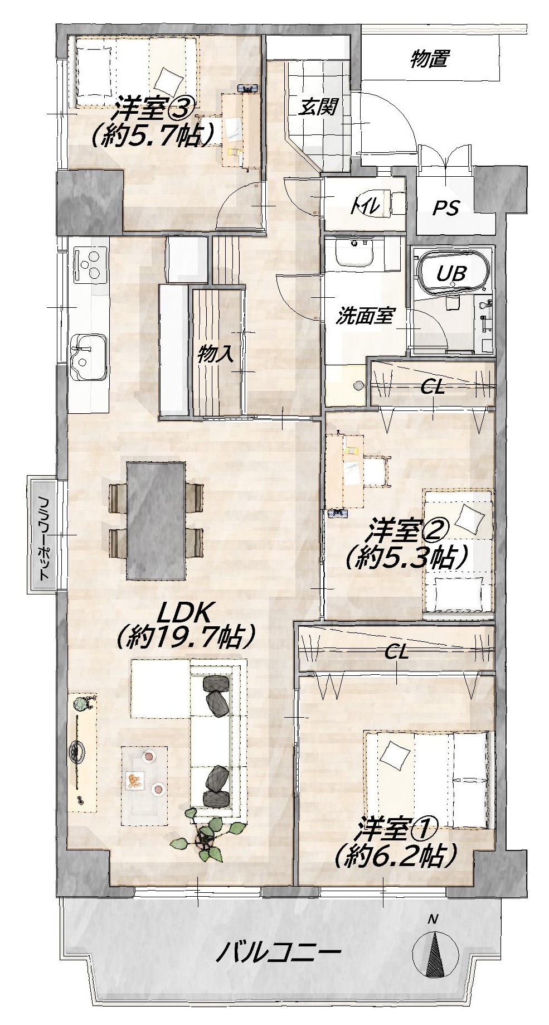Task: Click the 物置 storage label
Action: pyautogui.click(x=429, y=59)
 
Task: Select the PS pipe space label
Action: pyautogui.click(x=446, y=208)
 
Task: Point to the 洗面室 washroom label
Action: pyautogui.click(x=365, y=316)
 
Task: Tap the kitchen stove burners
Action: pyautogui.click(x=89, y=264)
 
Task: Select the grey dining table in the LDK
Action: pyautogui.click(x=156, y=520)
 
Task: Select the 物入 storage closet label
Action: pyautogui.click(x=212, y=354)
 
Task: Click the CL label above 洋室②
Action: pyautogui.click(x=433, y=387)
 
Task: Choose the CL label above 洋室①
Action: pyautogui.click(x=397, y=652)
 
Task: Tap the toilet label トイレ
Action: pyautogui.click(x=366, y=207)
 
